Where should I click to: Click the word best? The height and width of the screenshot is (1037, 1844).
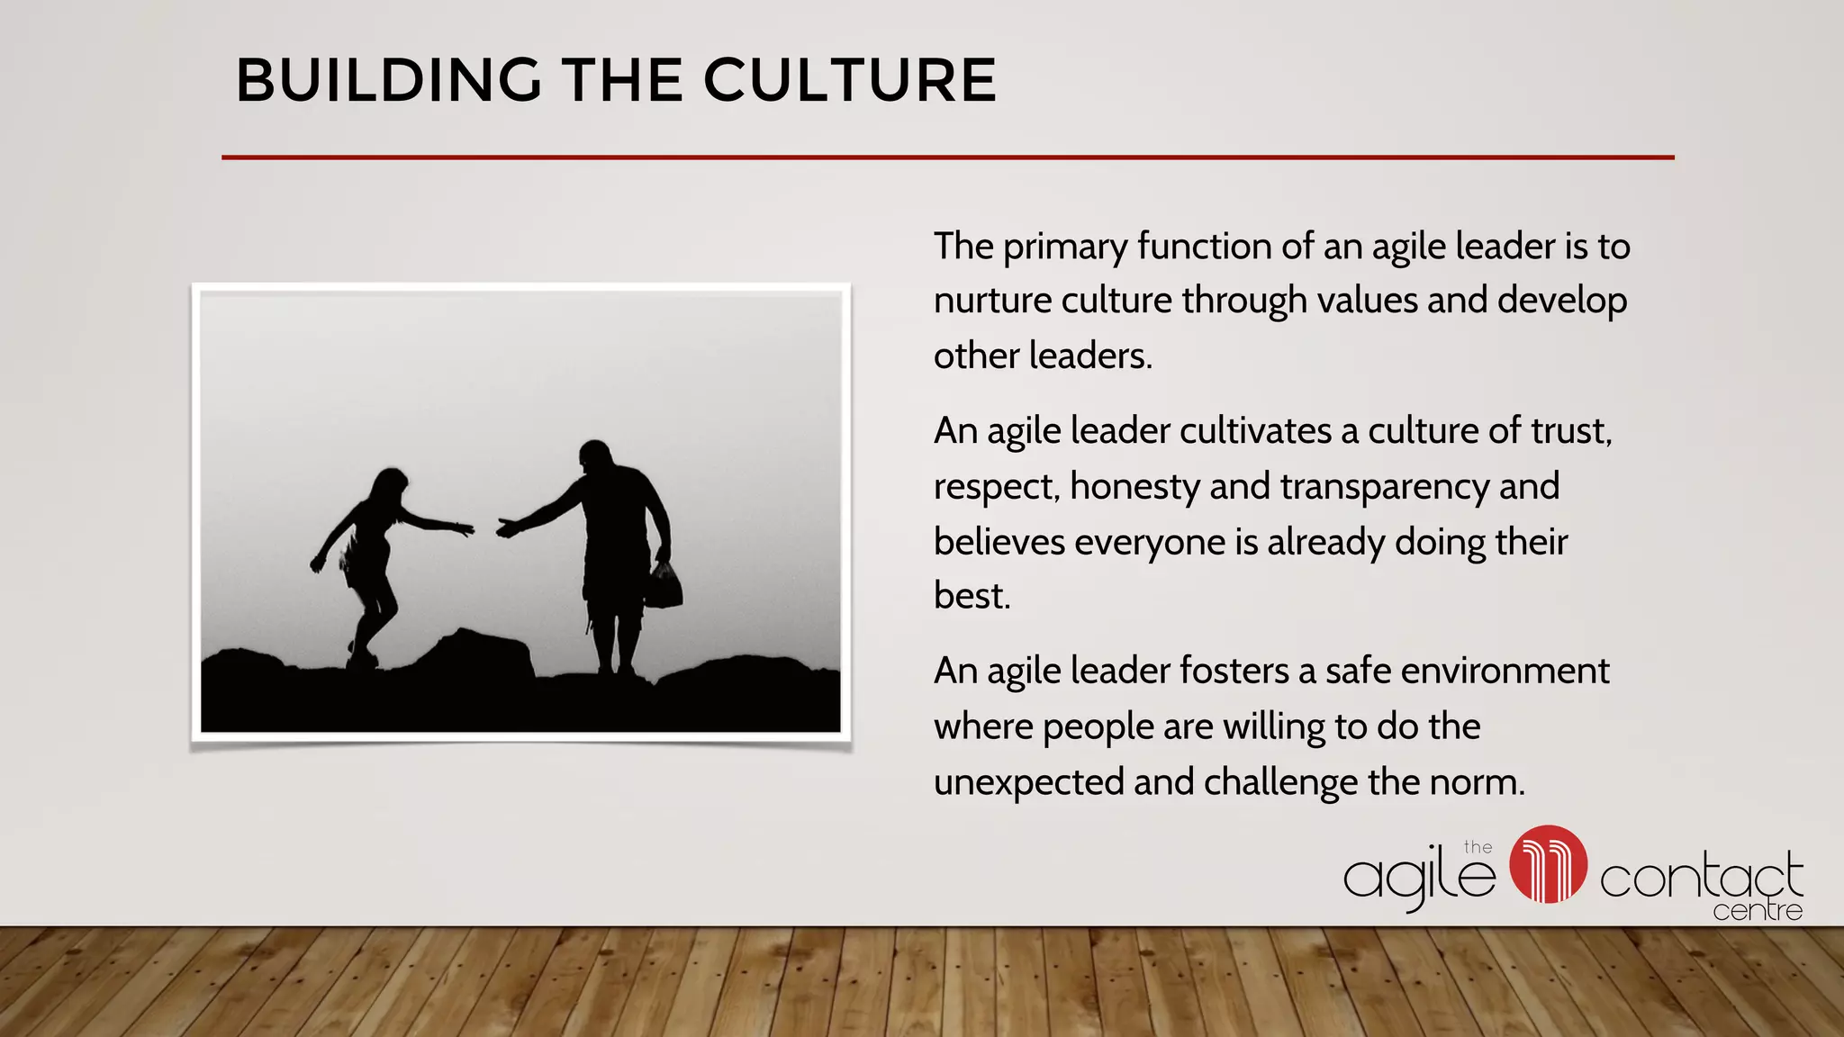[971, 596]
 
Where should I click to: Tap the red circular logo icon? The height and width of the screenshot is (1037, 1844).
[1548, 864]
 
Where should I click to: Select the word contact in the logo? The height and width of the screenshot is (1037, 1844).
[1701, 877]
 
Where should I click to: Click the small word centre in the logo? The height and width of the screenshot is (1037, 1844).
[1758, 911]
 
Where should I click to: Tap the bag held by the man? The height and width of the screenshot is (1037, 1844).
[664, 587]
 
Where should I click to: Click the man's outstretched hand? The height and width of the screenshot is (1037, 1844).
[507, 528]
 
